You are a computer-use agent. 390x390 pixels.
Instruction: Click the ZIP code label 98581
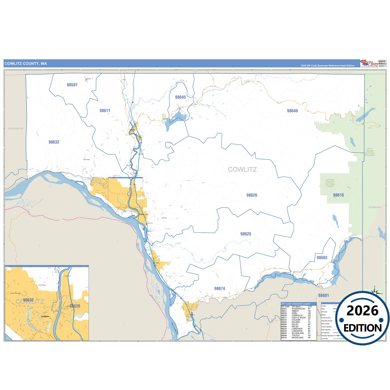(x=72, y=85)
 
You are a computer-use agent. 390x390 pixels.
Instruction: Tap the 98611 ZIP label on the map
(x=105, y=111)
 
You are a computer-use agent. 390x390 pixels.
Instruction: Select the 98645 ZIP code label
(x=180, y=97)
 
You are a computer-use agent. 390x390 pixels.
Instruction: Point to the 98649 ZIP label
(x=292, y=111)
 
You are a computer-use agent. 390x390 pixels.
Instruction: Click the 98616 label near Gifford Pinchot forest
(x=338, y=195)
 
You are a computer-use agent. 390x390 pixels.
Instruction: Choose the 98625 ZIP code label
(x=246, y=234)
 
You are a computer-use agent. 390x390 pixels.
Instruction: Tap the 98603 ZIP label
(x=322, y=258)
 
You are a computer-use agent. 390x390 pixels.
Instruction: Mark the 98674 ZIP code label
(x=219, y=289)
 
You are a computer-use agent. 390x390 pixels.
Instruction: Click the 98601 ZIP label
(x=323, y=296)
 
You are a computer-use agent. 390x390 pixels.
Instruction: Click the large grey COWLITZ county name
(x=242, y=169)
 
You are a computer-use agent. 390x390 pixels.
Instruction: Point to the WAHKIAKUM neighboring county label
(x=15, y=128)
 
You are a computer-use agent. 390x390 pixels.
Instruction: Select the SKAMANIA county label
(x=375, y=207)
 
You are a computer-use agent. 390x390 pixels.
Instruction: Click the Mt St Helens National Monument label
(x=369, y=152)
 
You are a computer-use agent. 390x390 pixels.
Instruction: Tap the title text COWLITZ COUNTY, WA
(x=26, y=64)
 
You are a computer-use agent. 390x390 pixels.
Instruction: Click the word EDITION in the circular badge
(x=362, y=328)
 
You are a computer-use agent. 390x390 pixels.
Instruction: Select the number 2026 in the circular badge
(x=362, y=311)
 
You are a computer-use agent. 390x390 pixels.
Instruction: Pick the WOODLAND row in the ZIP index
(x=297, y=338)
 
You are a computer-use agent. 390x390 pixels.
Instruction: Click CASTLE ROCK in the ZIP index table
(x=299, y=318)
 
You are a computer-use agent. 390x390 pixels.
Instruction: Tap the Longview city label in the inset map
(x=45, y=316)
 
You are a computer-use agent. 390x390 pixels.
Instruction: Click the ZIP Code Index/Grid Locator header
(x=296, y=304)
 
